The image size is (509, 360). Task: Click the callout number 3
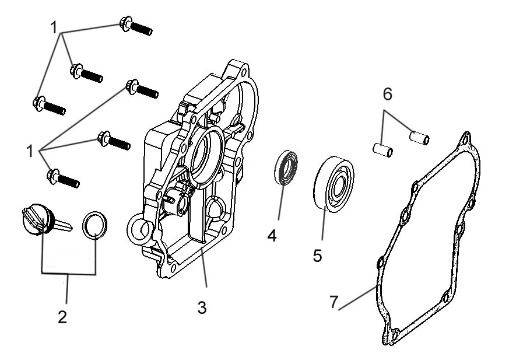(x=202, y=307)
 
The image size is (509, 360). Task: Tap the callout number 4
(x=272, y=236)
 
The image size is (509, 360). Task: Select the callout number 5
(x=317, y=256)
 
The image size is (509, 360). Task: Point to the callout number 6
(x=387, y=94)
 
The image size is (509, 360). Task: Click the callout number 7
(x=334, y=302)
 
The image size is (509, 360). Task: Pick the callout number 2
(x=62, y=317)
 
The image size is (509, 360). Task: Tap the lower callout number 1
(x=30, y=151)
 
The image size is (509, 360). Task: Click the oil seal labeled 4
(x=286, y=167)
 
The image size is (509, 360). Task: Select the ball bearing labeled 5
(x=334, y=184)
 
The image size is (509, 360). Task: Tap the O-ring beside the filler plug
(x=94, y=225)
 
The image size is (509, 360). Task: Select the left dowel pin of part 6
(x=382, y=150)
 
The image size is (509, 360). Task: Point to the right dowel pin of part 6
(x=419, y=138)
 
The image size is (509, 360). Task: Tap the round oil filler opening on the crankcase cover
(x=139, y=229)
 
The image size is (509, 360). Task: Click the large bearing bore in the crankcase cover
(x=205, y=158)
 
